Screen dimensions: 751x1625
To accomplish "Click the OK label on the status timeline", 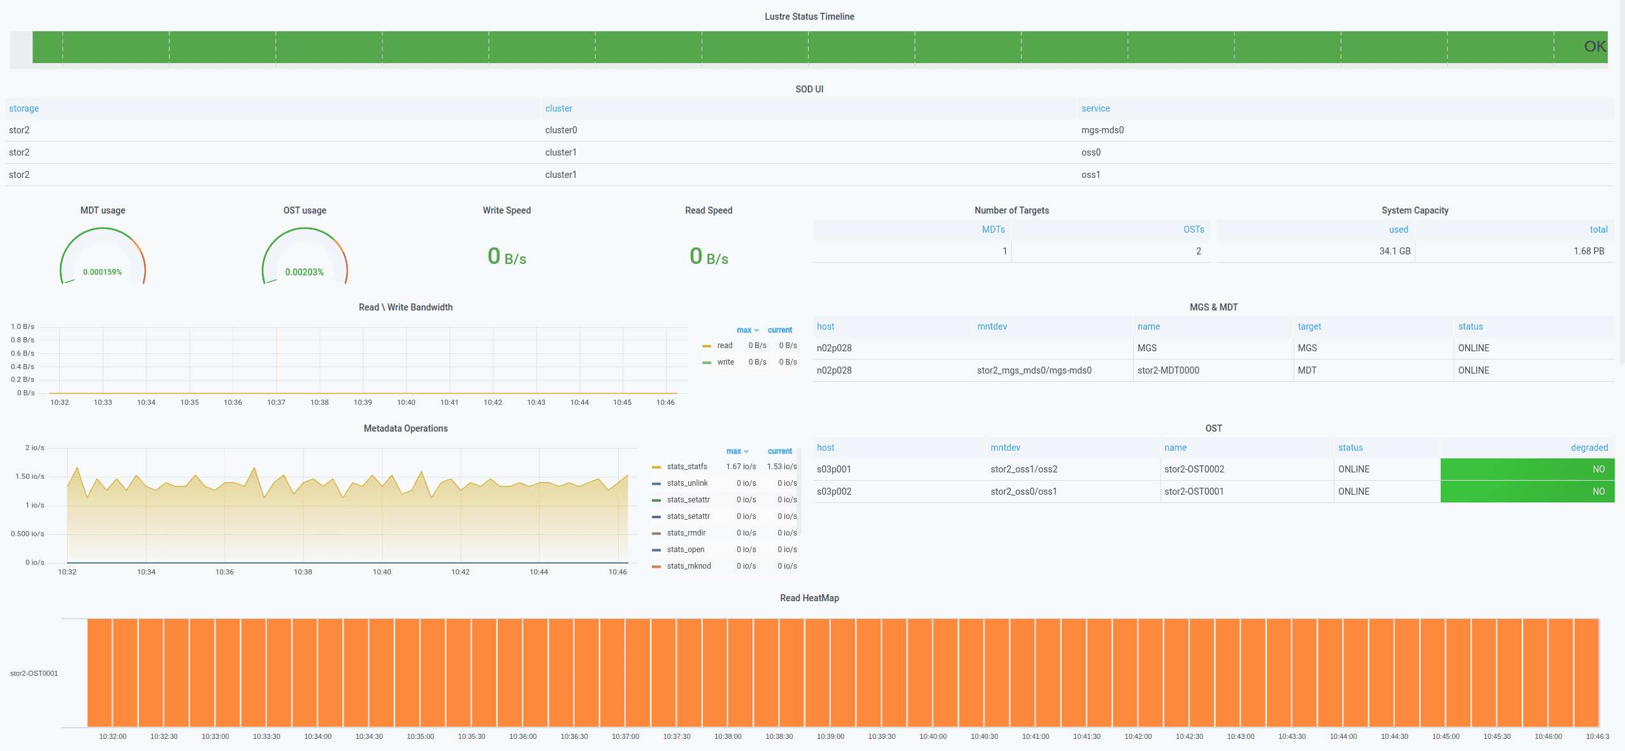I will (1594, 47).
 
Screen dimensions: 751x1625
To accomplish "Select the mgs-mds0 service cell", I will (1102, 130).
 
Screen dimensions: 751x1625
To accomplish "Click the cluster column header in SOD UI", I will (558, 108).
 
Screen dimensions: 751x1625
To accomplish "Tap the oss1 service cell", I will (1090, 175).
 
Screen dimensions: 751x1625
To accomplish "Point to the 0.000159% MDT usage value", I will (103, 272).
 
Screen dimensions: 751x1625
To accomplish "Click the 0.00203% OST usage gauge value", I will (304, 272).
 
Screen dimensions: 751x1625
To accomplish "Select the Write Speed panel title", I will (507, 210).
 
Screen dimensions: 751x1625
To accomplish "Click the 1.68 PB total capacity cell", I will (1588, 251).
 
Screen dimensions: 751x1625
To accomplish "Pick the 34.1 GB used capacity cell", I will (1394, 251).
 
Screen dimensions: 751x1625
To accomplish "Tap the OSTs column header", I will (1193, 230).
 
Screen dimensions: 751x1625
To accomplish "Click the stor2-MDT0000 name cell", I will (1168, 370).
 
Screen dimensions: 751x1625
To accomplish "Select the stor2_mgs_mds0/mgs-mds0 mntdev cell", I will (1034, 370).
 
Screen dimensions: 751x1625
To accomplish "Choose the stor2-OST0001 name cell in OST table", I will (1194, 492).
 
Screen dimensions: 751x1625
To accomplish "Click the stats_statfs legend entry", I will (686, 467).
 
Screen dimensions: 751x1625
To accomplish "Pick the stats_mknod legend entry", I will (688, 566).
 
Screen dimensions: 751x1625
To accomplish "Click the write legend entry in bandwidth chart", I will (725, 362).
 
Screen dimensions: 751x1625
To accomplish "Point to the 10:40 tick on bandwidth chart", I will (406, 402).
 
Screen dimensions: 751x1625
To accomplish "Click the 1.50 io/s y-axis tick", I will (30, 476).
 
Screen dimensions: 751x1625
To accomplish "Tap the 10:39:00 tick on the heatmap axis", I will (830, 736).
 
